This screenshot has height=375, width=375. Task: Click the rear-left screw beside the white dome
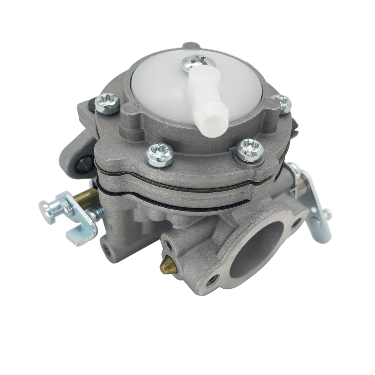pyautogui.click(x=108, y=103)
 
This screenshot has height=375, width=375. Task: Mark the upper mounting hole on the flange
pyautogui.click(x=296, y=223)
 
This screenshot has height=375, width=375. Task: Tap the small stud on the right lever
pyautogui.click(x=327, y=215)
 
